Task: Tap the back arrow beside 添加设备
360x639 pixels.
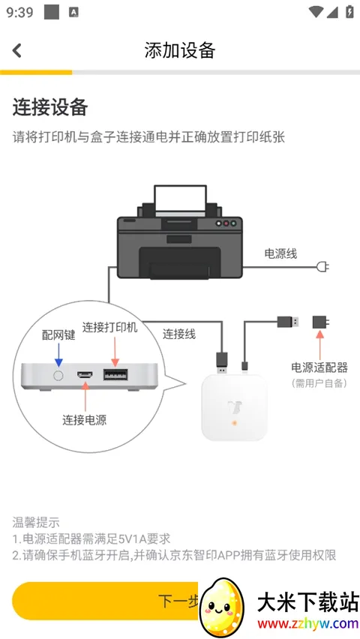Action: tap(16, 50)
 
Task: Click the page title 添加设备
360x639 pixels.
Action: tap(180, 50)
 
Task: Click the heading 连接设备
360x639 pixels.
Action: tap(50, 107)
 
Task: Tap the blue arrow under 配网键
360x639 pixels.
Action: tap(58, 355)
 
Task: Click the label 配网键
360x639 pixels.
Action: tap(58, 335)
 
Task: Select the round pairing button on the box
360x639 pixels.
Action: tap(58, 375)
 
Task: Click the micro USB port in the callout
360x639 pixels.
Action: tap(85, 374)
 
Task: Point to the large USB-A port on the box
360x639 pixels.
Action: tap(115, 374)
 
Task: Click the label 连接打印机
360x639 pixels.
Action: tap(110, 327)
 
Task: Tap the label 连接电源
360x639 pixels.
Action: tap(85, 420)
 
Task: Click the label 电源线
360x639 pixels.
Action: tap(281, 254)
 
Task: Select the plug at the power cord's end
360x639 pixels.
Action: tap(322, 267)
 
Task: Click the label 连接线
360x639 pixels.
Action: tap(179, 334)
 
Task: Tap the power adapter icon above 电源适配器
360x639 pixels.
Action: tap(320, 322)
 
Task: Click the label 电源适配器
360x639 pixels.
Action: tap(319, 367)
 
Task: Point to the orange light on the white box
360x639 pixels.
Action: tap(235, 423)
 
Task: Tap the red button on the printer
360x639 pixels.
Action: tap(226, 223)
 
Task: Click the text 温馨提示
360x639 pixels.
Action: tap(36, 522)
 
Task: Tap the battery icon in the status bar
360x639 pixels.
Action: tap(349, 11)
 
